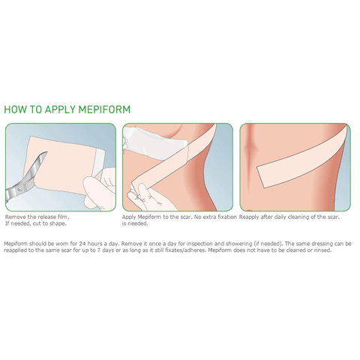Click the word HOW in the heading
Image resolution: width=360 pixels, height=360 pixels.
point(16,109)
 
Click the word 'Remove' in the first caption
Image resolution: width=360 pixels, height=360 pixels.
point(16,216)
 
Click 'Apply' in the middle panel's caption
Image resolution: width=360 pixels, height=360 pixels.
point(130,216)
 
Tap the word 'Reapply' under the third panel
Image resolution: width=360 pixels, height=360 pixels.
point(250,216)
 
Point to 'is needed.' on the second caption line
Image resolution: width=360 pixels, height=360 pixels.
point(134,223)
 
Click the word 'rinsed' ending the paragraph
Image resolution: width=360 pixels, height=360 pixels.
point(320,250)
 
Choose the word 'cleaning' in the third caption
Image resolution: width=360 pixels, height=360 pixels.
point(303,216)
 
